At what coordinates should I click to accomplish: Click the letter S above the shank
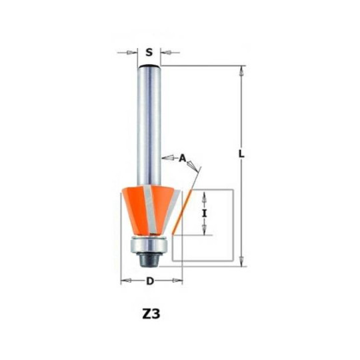[149, 53]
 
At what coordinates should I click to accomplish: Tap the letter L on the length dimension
[241, 153]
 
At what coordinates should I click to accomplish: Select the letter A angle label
[182, 158]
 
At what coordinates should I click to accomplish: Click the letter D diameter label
[150, 281]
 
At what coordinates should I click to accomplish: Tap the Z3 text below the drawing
[151, 314]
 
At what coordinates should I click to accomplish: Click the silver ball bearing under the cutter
[149, 245]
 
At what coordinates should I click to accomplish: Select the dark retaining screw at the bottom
[149, 260]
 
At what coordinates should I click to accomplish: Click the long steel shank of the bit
[149, 125]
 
